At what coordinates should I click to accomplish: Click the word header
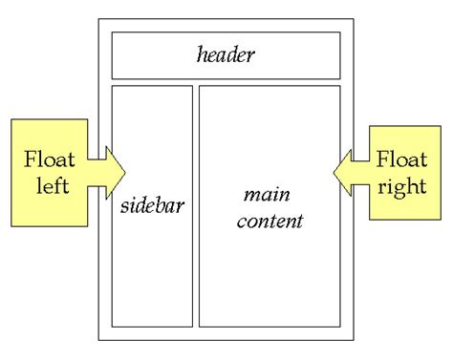(226, 54)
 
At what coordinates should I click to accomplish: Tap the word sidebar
(152, 205)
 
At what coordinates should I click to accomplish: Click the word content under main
(270, 221)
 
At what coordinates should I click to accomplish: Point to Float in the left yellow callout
(46, 159)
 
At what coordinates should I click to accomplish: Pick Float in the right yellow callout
(402, 159)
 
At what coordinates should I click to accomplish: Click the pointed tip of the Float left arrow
(125, 171)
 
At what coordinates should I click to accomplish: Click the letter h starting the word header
(201, 54)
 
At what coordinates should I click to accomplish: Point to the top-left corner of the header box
(112, 32)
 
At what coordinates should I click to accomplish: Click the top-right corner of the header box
(340, 32)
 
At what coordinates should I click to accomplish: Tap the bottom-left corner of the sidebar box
(112, 326)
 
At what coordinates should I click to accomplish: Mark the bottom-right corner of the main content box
(340, 326)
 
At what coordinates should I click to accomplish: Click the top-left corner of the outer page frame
(98, 18)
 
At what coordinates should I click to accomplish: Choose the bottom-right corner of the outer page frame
(354, 340)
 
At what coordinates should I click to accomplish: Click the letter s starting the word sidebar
(124, 206)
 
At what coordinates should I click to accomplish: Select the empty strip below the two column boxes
(226, 333)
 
